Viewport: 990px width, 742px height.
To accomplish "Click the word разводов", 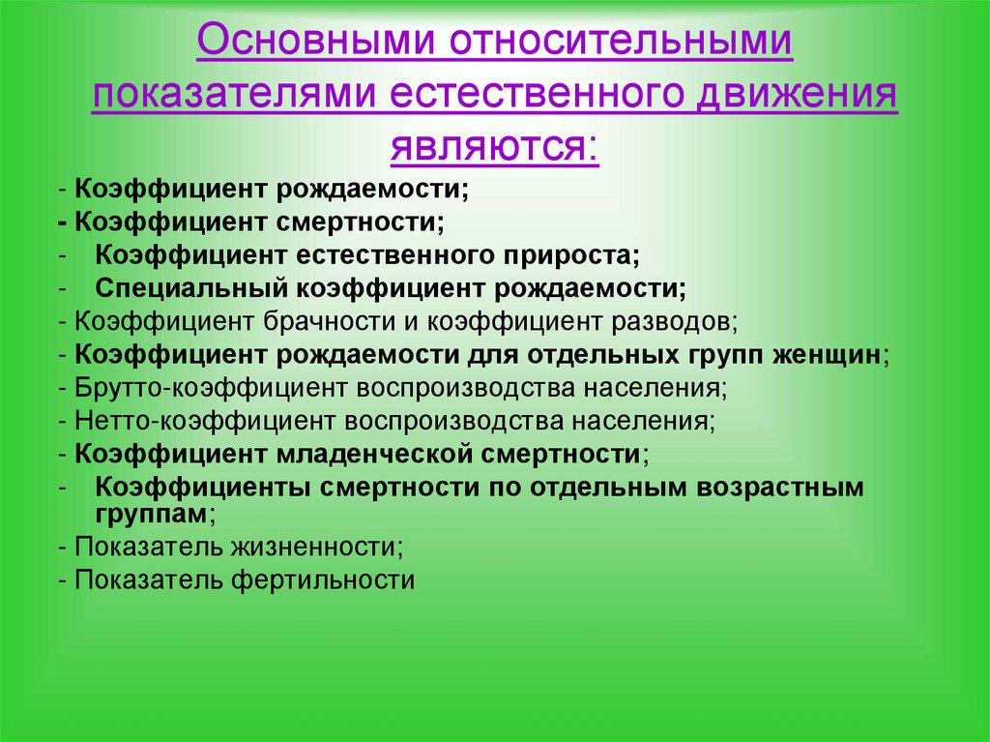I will click(676, 320).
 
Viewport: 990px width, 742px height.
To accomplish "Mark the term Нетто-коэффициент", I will click(184, 420).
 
